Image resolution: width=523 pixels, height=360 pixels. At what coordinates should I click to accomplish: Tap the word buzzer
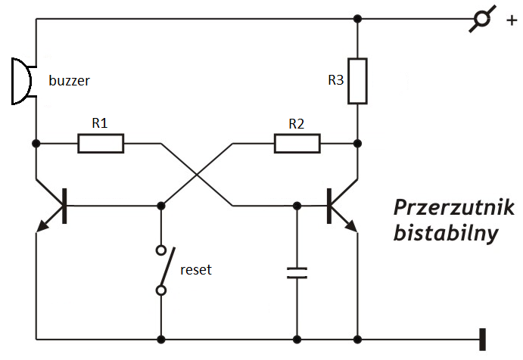click(x=70, y=81)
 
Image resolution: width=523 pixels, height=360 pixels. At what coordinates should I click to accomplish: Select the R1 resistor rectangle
click(x=101, y=144)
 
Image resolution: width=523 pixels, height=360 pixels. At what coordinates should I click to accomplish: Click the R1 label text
click(x=100, y=123)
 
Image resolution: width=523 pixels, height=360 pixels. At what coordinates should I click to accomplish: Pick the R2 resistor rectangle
click(x=297, y=144)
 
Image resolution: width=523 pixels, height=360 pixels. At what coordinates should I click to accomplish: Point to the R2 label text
click(x=297, y=124)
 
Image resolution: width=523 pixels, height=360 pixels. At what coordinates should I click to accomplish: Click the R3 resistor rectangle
click(x=357, y=81)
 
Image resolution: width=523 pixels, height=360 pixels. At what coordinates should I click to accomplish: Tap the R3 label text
click(x=335, y=80)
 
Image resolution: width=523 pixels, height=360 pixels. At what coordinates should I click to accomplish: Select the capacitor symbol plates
click(x=297, y=273)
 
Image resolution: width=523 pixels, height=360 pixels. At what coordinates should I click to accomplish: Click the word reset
click(x=196, y=270)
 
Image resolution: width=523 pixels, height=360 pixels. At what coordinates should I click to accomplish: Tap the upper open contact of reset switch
click(x=161, y=250)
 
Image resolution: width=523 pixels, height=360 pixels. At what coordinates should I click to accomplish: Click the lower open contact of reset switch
click(x=161, y=290)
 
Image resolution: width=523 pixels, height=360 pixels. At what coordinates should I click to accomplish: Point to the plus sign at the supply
click(x=512, y=20)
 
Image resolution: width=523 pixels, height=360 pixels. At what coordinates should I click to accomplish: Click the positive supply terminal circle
click(x=482, y=19)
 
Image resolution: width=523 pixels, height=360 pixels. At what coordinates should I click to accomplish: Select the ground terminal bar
click(x=482, y=340)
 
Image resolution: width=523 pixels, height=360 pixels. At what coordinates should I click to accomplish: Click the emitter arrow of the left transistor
click(x=42, y=226)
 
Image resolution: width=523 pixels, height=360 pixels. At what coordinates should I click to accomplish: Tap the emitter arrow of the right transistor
click(x=350, y=226)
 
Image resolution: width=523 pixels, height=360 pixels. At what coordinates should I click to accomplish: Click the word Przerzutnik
click(x=454, y=208)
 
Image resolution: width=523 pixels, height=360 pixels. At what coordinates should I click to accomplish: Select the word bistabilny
click(x=446, y=233)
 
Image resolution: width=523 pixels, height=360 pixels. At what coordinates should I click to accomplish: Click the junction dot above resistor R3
click(x=357, y=19)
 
